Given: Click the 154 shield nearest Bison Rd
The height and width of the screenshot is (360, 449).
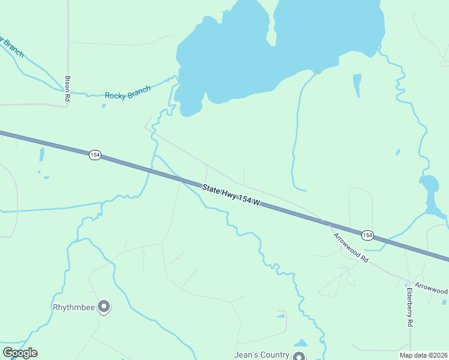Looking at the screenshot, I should (x=94, y=155).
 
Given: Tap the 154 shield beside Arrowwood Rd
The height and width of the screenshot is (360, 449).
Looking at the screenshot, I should (x=367, y=234).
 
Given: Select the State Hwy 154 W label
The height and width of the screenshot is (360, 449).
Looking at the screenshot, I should (x=231, y=196).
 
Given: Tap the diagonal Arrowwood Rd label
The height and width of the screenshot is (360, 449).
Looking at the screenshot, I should (x=351, y=246).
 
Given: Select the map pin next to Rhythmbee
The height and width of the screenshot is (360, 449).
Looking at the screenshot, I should (x=104, y=307).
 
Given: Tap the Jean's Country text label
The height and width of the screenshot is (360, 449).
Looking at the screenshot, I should (x=262, y=355).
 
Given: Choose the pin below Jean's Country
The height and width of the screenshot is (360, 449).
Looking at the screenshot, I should (x=299, y=356).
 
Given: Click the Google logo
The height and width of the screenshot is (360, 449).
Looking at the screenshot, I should (x=20, y=353).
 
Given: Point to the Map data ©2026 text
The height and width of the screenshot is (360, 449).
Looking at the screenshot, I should (x=428, y=355).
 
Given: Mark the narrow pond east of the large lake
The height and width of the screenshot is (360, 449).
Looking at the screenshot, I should (x=357, y=85).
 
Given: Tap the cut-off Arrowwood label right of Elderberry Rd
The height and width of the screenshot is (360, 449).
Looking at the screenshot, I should (x=432, y=289).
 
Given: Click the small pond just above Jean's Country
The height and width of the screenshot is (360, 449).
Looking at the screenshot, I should (x=301, y=343).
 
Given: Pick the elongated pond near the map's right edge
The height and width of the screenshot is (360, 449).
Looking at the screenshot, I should (x=430, y=192).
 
